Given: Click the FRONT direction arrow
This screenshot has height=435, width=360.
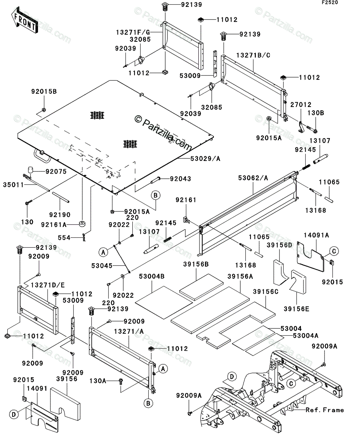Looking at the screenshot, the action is [x=25, y=20].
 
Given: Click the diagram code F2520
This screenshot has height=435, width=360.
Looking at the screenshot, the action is [x=330, y=3].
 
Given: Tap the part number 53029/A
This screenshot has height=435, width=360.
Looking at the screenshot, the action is [x=205, y=159].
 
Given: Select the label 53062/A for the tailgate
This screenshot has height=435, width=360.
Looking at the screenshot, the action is [x=253, y=178].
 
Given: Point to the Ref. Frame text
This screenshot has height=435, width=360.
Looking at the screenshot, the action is [x=324, y=410].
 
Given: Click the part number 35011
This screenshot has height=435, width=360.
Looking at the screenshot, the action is [x=13, y=185].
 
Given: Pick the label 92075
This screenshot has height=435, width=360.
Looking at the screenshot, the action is [x=56, y=171].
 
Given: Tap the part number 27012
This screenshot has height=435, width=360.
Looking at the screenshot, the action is [x=301, y=105].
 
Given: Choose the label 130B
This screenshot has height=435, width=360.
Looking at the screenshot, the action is [x=316, y=113].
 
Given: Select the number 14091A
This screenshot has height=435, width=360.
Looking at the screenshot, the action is [x=316, y=235].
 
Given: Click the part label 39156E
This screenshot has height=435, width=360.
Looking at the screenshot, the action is [x=297, y=309].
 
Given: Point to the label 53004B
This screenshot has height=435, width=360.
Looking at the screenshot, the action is [x=152, y=276].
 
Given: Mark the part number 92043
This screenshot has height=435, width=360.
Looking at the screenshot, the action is [x=181, y=179].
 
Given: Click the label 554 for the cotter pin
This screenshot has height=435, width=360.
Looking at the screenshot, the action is [x=64, y=238].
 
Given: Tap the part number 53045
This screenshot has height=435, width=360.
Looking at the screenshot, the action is [x=102, y=266].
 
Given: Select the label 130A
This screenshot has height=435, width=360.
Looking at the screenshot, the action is [x=98, y=381].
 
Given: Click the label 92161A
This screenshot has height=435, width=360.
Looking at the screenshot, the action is [x=54, y=225].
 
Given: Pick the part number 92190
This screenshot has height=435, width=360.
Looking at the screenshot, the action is [x=60, y=215].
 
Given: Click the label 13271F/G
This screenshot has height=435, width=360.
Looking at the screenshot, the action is [x=133, y=32].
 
